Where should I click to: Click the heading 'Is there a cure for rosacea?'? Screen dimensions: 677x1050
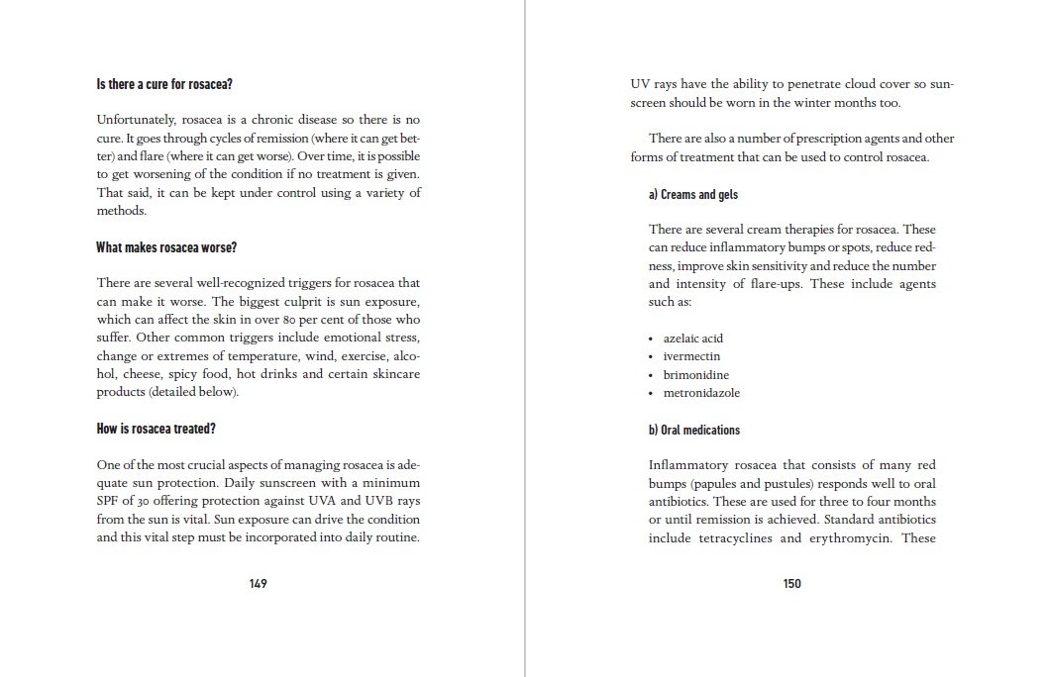[x=163, y=84]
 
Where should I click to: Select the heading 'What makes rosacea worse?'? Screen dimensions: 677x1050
[x=165, y=246]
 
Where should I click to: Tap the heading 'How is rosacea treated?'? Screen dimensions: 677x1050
[x=156, y=429]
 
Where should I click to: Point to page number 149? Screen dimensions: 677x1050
[x=258, y=583]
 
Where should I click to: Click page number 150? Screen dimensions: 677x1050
[x=791, y=583]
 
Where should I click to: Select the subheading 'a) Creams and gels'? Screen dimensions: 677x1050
[x=693, y=194]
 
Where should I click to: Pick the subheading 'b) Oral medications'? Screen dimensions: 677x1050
[x=694, y=430]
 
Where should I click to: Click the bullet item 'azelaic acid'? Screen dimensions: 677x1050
[x=693, y=338]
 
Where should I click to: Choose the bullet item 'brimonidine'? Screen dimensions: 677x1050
[x=695, y=375]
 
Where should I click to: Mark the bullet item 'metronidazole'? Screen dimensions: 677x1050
[x=701, y=393]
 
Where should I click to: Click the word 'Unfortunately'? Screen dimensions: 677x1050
[x=135, y=120]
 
